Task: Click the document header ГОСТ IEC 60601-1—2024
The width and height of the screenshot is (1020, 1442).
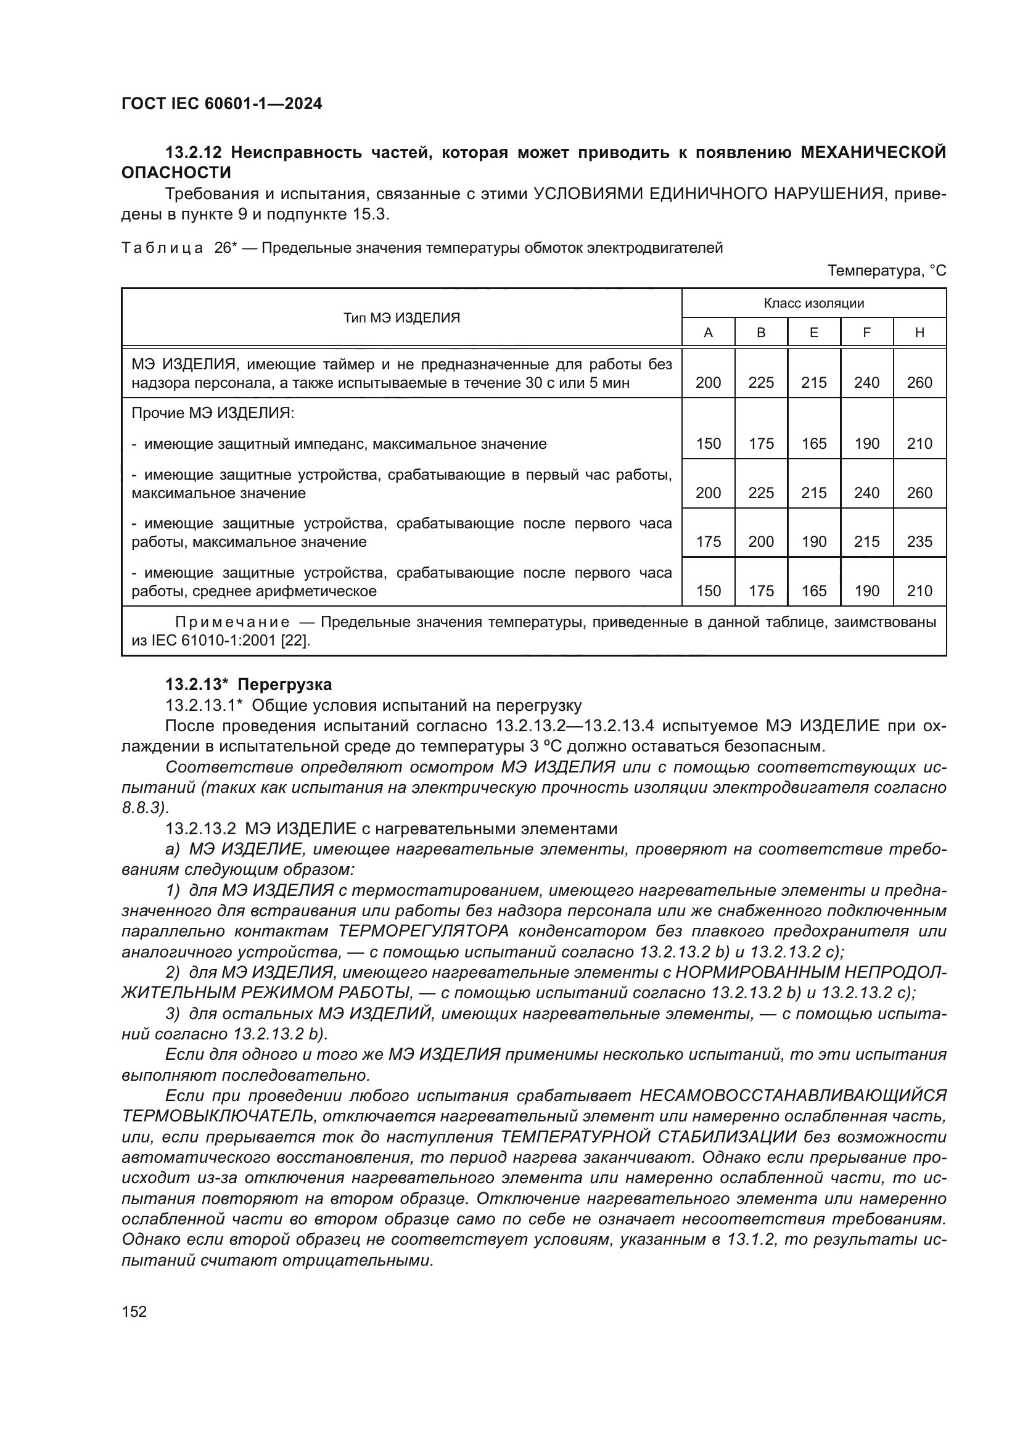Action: (222, 104)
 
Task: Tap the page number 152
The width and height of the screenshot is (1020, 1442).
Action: (134, 1311)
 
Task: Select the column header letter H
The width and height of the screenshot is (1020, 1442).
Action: (919, 333)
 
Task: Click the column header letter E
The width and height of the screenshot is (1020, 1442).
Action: (813, 333)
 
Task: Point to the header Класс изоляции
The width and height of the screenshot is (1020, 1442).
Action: (813, 303)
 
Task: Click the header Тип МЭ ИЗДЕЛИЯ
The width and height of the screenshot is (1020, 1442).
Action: (401, 317)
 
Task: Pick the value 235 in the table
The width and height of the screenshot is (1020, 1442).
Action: (919, 541)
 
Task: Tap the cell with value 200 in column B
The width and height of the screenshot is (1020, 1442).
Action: (760, 541)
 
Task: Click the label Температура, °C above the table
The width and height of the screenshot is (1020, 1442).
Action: (886, 271)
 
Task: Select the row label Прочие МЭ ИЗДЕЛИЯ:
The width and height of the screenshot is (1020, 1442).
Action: (213, 413)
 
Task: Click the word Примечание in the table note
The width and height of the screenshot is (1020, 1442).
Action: (232, 623)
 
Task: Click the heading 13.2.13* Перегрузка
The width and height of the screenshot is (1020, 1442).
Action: (248, 684)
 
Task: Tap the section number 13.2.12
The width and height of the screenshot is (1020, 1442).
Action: (194, 152)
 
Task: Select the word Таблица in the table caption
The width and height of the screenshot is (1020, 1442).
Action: (162, 248)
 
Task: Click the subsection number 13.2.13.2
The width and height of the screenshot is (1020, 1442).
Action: (200, 829)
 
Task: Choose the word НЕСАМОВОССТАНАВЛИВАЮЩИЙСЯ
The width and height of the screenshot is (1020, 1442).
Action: (792, 1096)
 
